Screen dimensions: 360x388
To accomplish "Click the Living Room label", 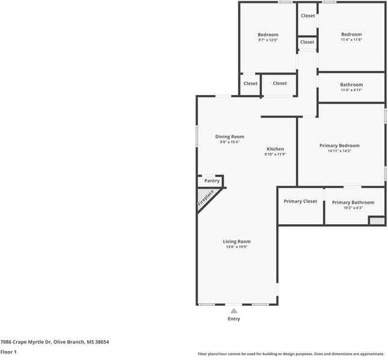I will click(x=236, y=241).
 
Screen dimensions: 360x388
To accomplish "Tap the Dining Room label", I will click(x=230, y=136).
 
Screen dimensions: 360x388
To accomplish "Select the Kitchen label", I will click(x=276, y=149).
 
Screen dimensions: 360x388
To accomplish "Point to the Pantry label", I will click(x=212, y=180).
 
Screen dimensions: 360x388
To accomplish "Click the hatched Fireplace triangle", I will click(x=205, y=199).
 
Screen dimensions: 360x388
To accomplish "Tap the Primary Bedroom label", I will click(x=339, y=145).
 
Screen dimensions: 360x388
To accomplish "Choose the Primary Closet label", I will click(x=300, y=201).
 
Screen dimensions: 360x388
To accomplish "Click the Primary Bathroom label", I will click(x=353, y=203).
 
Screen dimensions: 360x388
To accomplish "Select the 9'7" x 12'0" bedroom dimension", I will click(x=268, y=40).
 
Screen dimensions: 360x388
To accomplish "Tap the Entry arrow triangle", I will click(x=233, y=311).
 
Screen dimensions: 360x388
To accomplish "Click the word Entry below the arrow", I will click(x=233, y=319).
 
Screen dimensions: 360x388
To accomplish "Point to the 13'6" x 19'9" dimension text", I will click(x=236, y=247).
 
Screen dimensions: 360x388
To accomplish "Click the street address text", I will click(x=54, y=341).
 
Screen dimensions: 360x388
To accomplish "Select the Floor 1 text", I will click(x=8, y=352).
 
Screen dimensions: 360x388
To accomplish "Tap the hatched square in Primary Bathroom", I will click(x=377, y=221).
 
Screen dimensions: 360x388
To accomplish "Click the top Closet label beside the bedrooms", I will click(x=307, y=16).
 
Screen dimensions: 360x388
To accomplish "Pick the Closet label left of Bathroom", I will click(x=280, y=83).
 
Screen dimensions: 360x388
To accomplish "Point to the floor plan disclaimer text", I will click(x=291, y=353).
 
